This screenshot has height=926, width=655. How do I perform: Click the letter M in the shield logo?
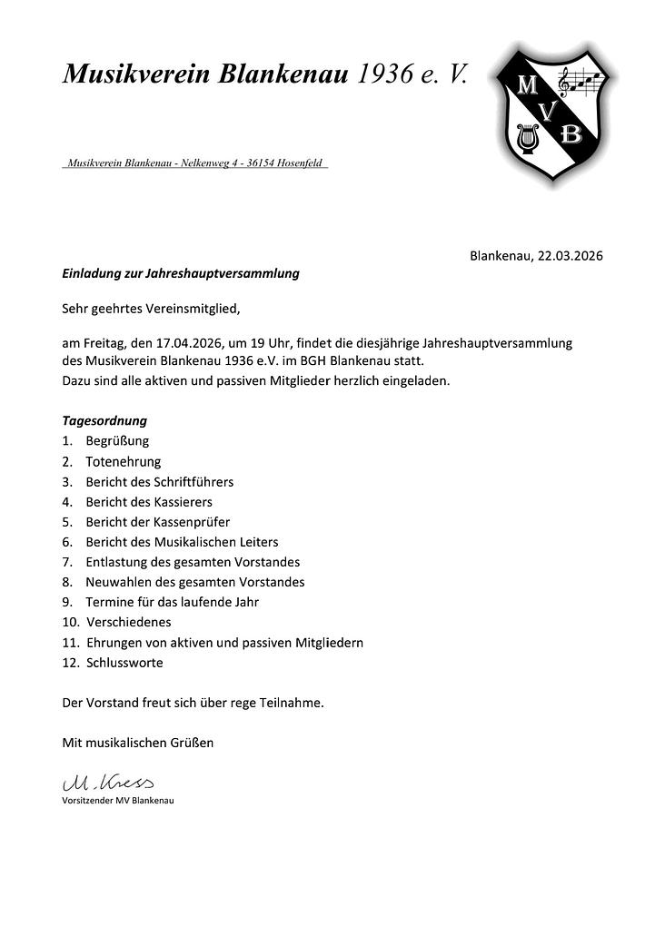point(527,87)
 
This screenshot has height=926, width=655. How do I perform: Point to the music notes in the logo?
point(581,83)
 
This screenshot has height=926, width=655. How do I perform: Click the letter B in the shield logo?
point(571,135)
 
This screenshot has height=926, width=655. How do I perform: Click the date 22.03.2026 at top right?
point(571,256)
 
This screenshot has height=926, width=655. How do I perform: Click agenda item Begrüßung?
point(117,441)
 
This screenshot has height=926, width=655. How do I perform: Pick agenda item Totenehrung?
point(124,461)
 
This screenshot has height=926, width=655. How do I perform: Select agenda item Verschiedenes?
point(129,622)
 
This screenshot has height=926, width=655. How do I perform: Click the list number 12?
point(69,663)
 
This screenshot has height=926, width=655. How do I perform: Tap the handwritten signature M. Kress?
point(107,782)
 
